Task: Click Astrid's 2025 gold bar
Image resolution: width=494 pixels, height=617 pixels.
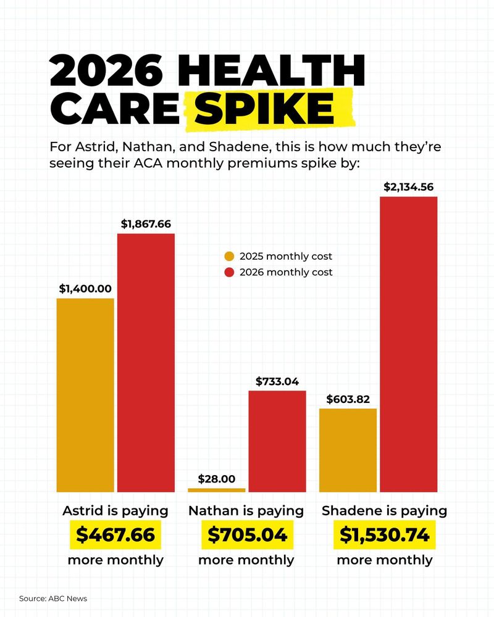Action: pyautogui.click(x=85, y=395)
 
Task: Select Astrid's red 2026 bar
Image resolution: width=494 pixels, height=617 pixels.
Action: pyautogui.click(x=146, y=363)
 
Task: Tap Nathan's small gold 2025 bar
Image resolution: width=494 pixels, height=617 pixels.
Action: pyautogui.click(x=216, y=490)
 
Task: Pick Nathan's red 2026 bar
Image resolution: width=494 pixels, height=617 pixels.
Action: pyautogui.click(x=277, y=441)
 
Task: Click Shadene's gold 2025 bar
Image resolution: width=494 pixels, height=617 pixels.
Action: pyautogui.click(x=348, y=450)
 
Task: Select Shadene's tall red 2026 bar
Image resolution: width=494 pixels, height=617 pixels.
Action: pyautogui.click(x=408, y=344)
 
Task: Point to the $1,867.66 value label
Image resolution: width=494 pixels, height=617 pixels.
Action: pyautogui.click(x=146, y=224)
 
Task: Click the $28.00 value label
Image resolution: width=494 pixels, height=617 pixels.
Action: pyautogui.click(x=216, y=479)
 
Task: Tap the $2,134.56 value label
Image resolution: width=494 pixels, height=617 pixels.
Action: pyautogui.click(x=408, y=187)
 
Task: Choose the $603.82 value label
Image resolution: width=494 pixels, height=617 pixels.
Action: pyautogui.click(x=348, y=399)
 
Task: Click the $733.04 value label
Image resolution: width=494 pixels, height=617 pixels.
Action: pyautogui.click(x=277, y=381)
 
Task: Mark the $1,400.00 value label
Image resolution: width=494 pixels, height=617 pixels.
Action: pyautogui.click(x=85, y=288)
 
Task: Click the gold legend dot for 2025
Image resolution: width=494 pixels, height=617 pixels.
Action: pyautogui.click(x=229, y=257)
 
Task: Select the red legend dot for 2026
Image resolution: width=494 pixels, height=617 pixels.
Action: pyautogui.click(x=229, y=272)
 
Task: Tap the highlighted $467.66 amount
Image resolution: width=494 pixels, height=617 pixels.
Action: pyautogui.click(x=115, y=535)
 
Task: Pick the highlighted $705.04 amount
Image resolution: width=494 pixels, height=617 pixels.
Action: pyautogui.click(x=247, y=535)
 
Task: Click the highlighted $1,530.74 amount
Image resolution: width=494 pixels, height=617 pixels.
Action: pyautogui.click(x=385, y=535)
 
